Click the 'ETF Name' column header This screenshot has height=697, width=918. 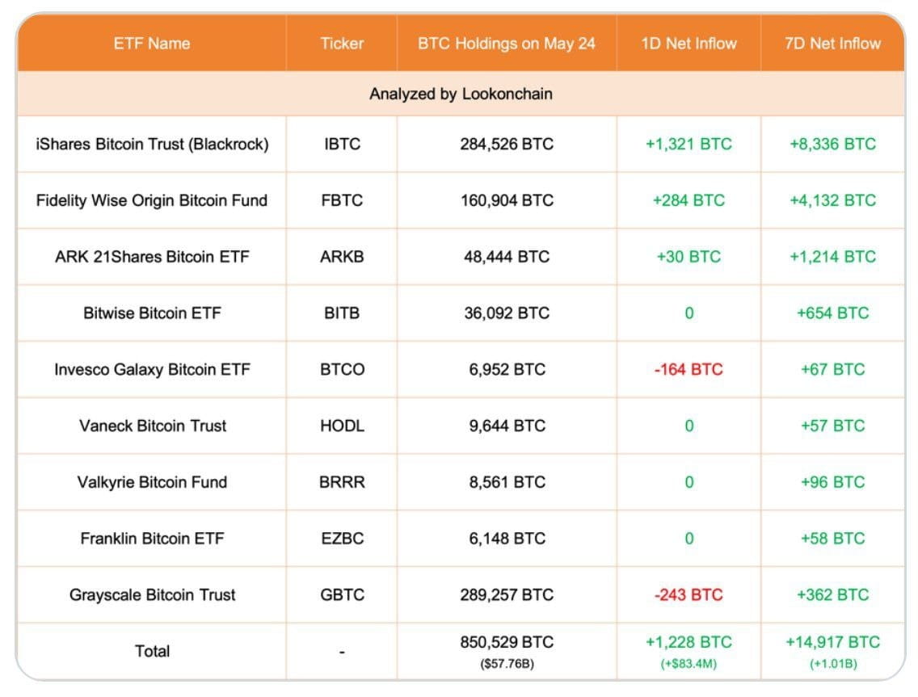151,44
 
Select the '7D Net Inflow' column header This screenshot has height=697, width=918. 832,44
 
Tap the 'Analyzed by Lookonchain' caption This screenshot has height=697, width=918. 461,94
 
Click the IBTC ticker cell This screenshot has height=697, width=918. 342,145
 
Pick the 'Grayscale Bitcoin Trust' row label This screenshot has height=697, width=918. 152,595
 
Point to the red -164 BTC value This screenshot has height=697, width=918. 688,370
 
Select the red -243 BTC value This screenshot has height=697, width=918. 688,595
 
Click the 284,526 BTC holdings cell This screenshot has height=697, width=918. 507,145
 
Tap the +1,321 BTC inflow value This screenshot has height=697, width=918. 688,145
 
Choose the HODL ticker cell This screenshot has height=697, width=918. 342,426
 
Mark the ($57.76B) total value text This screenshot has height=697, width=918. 507,664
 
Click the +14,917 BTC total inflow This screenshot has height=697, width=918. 832,643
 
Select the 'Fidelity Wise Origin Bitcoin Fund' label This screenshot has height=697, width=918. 152,200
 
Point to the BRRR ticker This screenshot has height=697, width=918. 342,482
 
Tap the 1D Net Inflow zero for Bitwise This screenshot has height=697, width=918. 688,313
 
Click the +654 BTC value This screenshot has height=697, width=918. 832,313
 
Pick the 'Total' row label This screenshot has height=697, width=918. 152,651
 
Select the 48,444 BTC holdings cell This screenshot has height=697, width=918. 507,257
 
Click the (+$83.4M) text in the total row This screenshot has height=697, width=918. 688,664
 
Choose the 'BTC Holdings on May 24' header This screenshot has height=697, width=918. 507,44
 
